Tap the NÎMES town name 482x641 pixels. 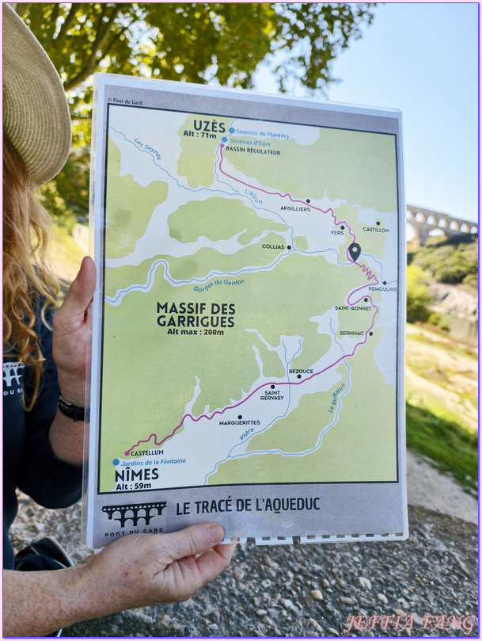(x=136, y=474)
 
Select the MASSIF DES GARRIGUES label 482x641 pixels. (x=195, y=315)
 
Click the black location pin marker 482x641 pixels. (x=354, y=252)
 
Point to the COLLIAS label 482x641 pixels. (x=273, y=246)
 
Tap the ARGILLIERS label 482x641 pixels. (x=294, y=208)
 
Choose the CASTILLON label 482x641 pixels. (x=376, y=230)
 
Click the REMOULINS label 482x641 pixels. (x=383, y=289)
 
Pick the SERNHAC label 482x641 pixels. (x=351, y=333)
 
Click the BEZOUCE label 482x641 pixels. (x=301, y=370)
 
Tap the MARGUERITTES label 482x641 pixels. (x=240, y=422)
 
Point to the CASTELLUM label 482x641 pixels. (x=146, y=452)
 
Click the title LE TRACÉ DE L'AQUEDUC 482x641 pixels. (x=248, y=507)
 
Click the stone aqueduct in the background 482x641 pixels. (x=440, y=223)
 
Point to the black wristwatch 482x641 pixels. (x=71, y=410)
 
